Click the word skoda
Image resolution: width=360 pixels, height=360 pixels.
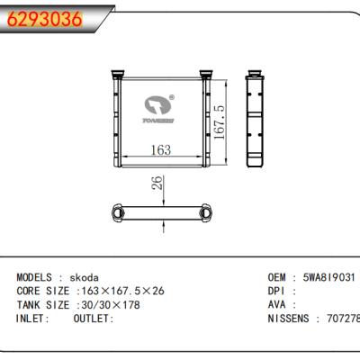tap(86, 279)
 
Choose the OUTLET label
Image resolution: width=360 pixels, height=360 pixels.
tap(93, 319)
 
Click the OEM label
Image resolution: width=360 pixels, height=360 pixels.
tap(278, 279)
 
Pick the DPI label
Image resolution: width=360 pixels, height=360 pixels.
tap(278, 292)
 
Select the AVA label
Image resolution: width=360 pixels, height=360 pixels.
tap(278, 306)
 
